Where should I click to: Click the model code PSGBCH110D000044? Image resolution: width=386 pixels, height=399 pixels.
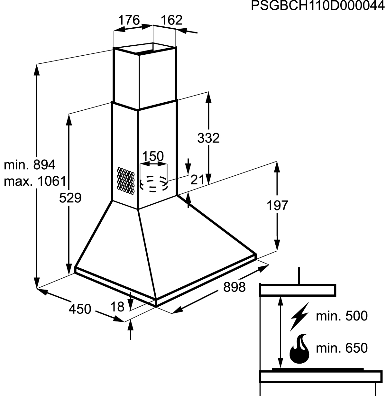[317, 6]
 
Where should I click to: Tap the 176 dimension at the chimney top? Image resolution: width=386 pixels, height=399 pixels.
[129, 20]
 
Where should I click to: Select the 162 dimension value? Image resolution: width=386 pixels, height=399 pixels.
[171, 20]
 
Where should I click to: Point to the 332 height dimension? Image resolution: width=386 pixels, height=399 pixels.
[208, 138]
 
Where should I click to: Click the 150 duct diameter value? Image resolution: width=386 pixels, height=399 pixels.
[153, 156]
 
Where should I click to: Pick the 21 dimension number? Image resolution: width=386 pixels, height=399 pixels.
[198, 180]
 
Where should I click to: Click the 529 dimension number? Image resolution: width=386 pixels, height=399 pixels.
[70, 198]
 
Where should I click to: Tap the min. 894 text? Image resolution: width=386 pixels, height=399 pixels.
[30, 165]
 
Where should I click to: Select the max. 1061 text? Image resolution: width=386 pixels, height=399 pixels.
[35, 181]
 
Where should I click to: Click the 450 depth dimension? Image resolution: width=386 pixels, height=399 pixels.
[80, 309]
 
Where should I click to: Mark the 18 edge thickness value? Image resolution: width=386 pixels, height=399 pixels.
[117, 307]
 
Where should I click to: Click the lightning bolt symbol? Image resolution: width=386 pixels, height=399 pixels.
[299, 317]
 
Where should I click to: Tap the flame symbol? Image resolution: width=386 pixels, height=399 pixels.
[299, 349]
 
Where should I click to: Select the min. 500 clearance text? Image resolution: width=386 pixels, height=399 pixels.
[342, 316]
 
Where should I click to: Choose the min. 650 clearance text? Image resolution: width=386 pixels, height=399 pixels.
[342, 348]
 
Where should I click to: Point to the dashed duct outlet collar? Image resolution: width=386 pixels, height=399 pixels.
[153, 183]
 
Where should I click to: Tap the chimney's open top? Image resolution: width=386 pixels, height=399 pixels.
[145, 49]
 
